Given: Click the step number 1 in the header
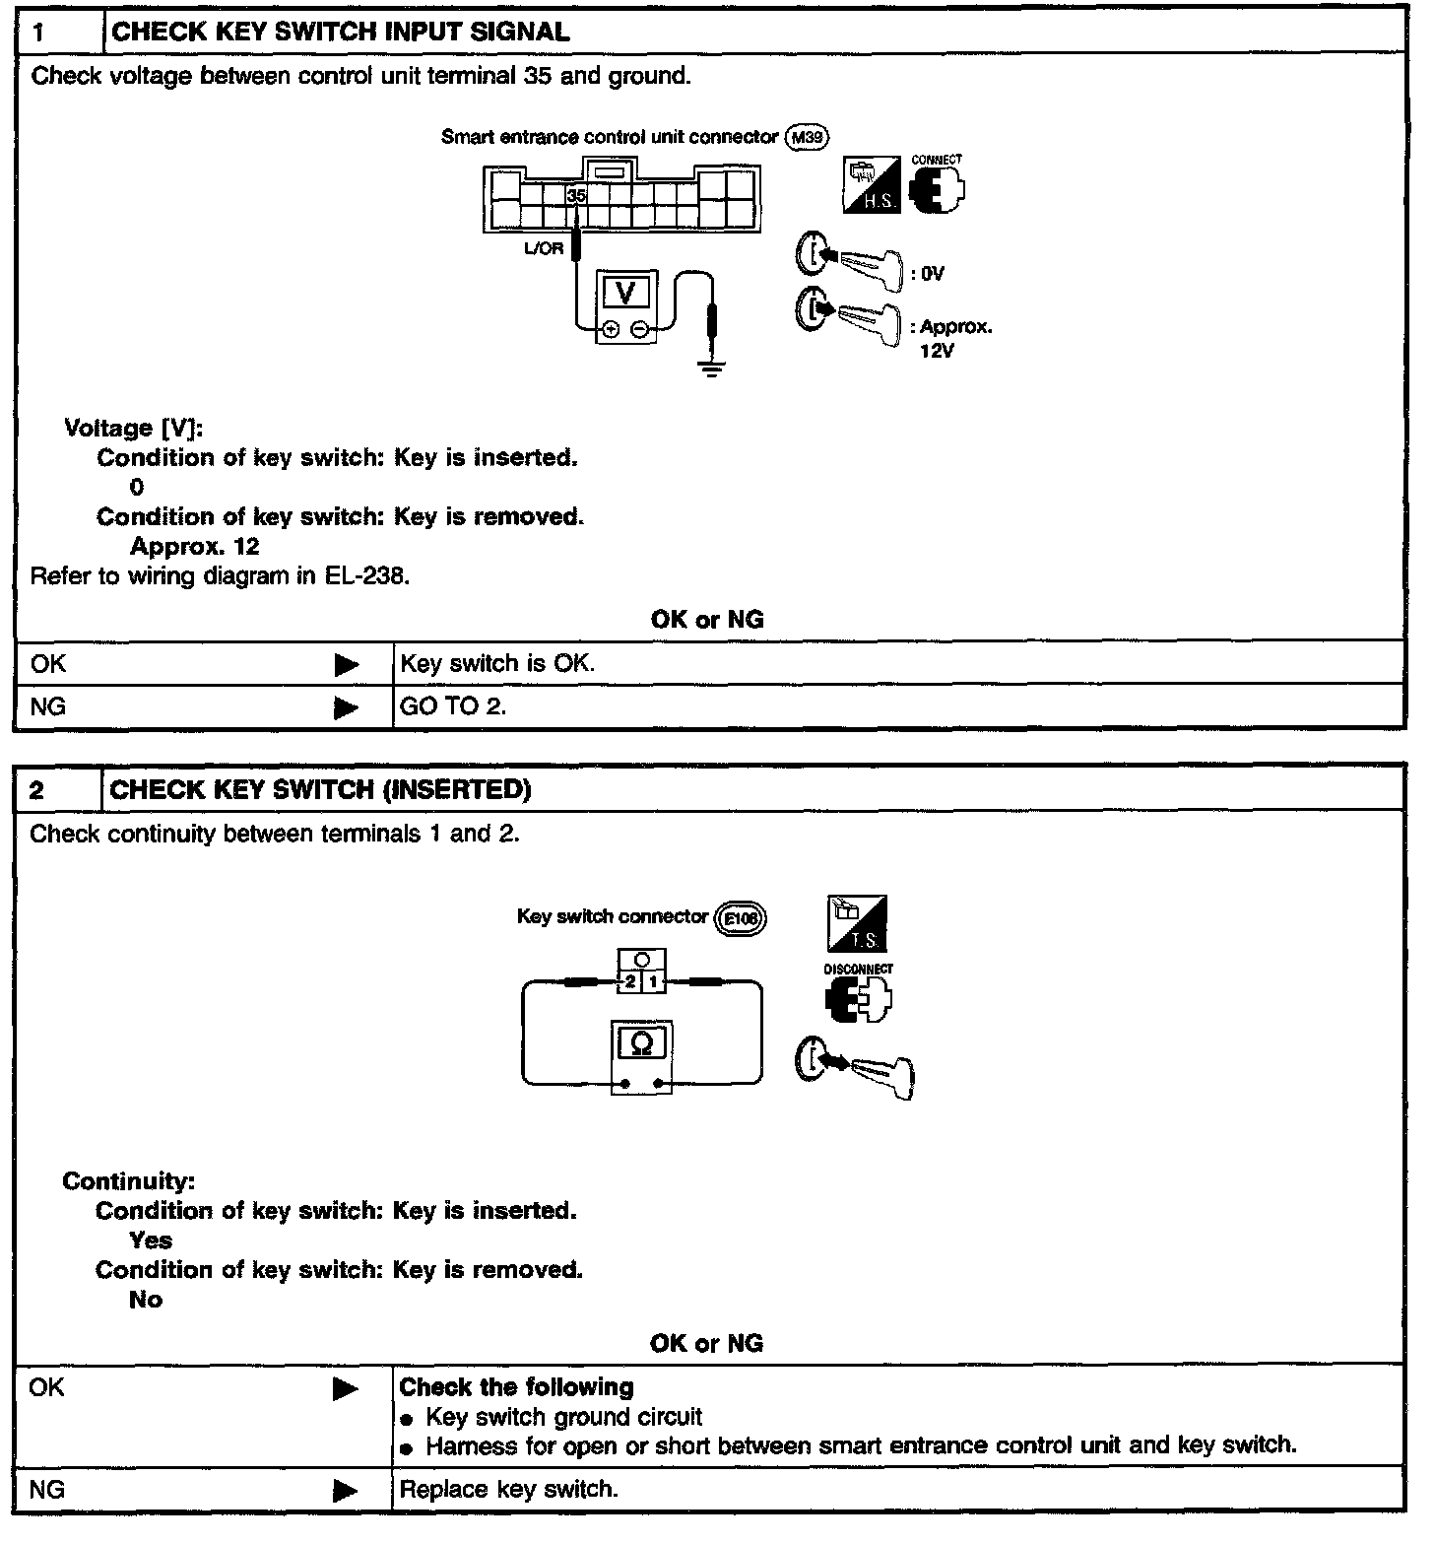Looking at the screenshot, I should pos(38,33).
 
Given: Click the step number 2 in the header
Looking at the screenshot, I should pos(36,790).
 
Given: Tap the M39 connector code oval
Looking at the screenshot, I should pos(808,138).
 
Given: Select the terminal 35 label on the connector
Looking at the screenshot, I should pos(576,196).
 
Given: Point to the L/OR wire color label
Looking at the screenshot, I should pos(544,248).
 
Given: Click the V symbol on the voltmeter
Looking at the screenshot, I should pos(624,293).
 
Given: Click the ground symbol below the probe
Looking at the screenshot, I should pos(712,369).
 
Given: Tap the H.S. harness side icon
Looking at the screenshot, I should pos(872,184).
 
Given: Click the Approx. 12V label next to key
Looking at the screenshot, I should pos(953,338).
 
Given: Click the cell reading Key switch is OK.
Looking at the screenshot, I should pos(497,664).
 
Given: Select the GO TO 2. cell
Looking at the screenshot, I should pos(453,706).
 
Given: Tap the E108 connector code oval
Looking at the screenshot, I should pos(740,918).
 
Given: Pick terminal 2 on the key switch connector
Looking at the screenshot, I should pos(630,982).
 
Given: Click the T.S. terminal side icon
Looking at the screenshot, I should pos(857,923).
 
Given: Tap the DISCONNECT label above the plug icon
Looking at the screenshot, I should pos(859,969).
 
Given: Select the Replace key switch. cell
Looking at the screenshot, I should pos(509,1489).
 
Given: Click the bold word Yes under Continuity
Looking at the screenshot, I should pos(151,1241).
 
